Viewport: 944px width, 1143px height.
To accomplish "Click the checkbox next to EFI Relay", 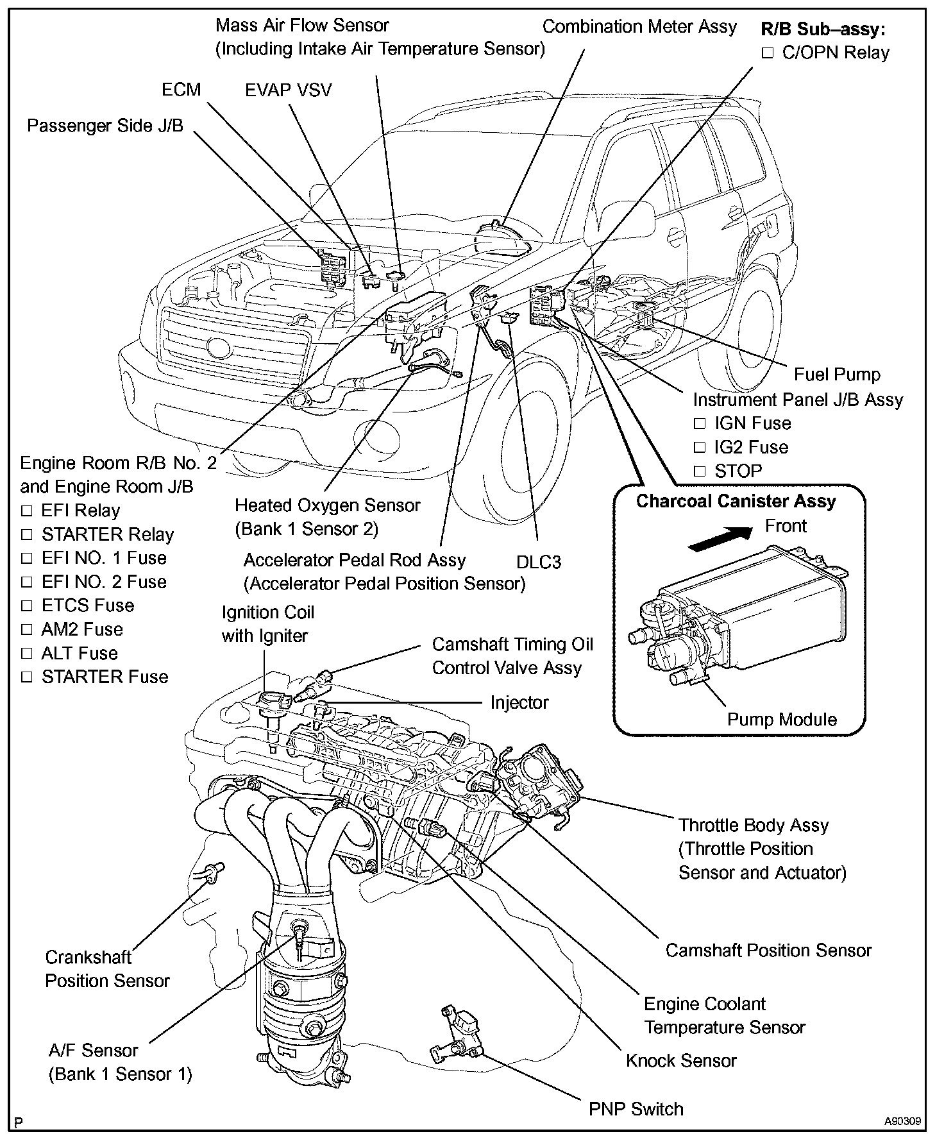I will point(26,511).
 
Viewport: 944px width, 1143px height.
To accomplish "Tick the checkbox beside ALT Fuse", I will point(26,654).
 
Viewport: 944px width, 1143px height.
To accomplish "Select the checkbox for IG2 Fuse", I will point(700,448).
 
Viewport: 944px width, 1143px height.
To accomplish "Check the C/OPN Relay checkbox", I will point(768,53).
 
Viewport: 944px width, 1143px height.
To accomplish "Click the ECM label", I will point(181,90).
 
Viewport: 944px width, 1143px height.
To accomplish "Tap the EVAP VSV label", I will point(289,90).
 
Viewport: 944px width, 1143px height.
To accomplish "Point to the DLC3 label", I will point(539,563).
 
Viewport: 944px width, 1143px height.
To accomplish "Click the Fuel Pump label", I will point(837,375).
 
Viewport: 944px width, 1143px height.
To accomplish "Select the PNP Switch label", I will point(636,1109).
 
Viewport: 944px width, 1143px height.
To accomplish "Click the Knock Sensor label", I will point(681,1061).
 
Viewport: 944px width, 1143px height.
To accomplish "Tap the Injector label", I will point(519,703).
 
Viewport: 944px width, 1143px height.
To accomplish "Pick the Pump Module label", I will point(782,720).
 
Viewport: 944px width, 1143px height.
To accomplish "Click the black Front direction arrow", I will point(719,537).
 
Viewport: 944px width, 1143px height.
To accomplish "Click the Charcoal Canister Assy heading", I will point(736,501).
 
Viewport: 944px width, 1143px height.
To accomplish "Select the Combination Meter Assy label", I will point(639,27).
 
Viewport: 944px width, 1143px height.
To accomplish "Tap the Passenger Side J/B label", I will point(105,126).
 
